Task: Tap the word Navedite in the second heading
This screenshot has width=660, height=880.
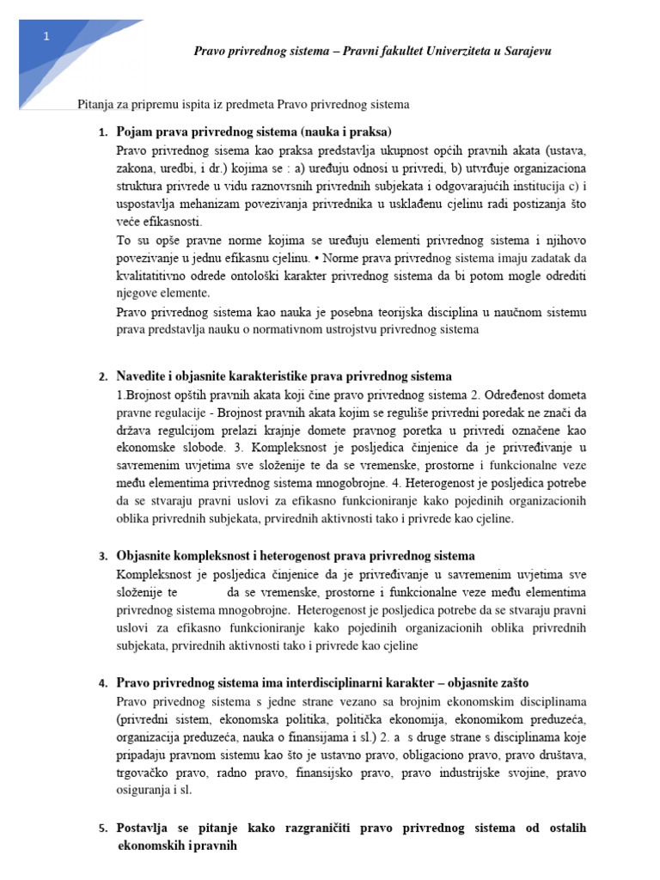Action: click(x=144, y=377)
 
